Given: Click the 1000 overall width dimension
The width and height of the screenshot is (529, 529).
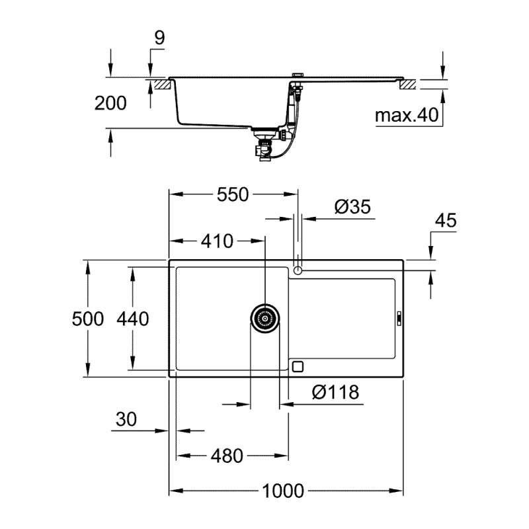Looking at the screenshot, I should click(283, 491).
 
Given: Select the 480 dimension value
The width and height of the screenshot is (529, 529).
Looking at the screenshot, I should click(227, 456).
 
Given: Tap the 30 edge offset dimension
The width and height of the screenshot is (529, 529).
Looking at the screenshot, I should click(126, 420).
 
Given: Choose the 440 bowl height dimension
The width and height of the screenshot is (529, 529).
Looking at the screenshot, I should click(132, 319).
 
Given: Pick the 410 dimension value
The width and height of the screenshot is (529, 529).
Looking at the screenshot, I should click(218, 241).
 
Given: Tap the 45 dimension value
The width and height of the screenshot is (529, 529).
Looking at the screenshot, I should click(446, 221).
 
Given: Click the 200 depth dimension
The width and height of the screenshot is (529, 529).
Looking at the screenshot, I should click(110, 102).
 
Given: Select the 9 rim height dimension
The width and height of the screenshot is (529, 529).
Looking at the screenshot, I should click(159, 38).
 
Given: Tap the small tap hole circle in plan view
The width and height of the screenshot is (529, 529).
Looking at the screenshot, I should click(298, 270).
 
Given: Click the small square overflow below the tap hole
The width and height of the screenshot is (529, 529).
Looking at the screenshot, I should click(298, 366).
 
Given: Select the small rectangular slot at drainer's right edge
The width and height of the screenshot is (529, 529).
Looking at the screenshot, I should click(399, 319).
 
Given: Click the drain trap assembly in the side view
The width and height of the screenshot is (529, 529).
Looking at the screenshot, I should click(264, 144).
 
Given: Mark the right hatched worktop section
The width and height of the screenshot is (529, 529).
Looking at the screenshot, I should click(407, 84).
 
